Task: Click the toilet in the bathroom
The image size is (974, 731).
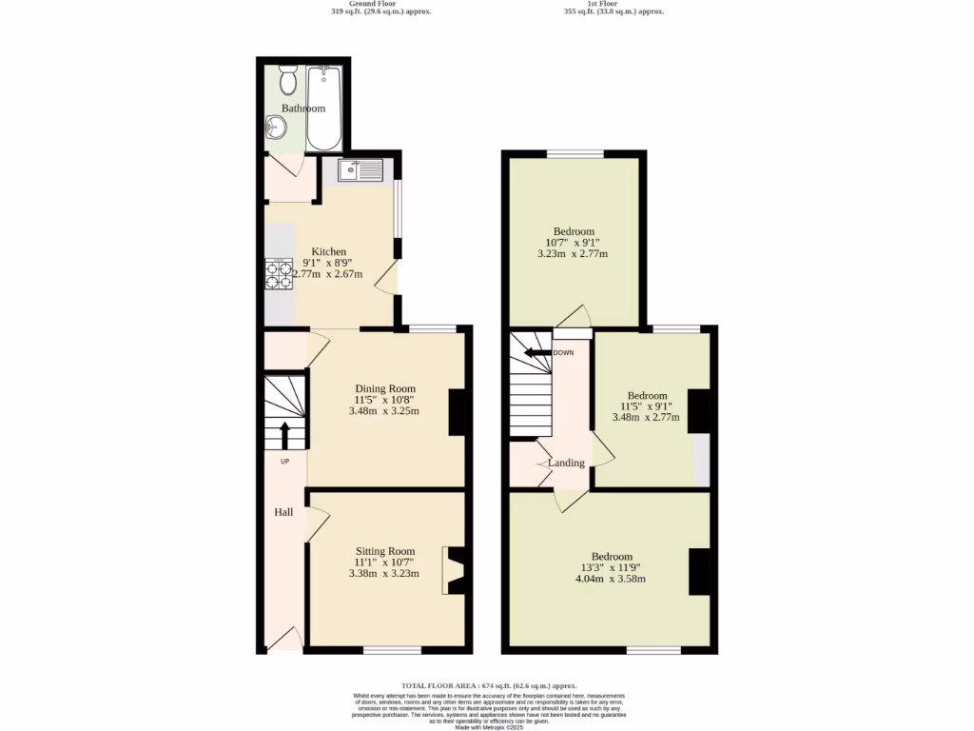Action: coord(288,79)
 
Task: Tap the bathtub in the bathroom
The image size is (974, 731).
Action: coord(324,109)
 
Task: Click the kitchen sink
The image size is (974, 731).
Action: coord(360,170)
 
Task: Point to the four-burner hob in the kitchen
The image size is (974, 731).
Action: coord(279,274)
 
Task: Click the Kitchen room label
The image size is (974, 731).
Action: coord(317,251)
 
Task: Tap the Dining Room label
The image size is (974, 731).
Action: coord(385,388)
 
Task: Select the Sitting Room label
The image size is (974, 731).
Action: coord(385,551)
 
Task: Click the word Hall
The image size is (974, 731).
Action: coord(283,512)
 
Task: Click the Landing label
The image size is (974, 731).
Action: coord(566,463)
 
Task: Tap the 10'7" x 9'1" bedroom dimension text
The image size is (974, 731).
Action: coord(574,243)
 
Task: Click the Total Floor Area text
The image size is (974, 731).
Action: coord(488,685)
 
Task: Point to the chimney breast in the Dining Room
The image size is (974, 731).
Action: coord(458,411)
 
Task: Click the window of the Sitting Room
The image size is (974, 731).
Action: coord(392,651)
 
